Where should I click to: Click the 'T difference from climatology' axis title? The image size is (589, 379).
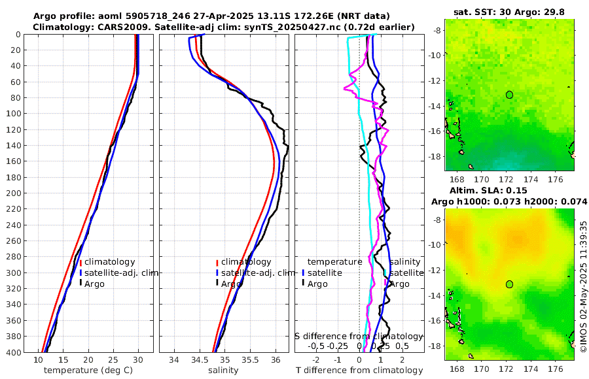pos(359,371)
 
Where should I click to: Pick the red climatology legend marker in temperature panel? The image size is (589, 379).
pos(81,263)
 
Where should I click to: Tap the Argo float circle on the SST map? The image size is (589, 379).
pos(509,95)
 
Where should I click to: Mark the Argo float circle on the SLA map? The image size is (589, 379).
pos(509,284)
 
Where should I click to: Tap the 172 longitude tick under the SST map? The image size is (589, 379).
pos(506,178)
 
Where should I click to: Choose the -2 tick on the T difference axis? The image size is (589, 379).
pos(317,360)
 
